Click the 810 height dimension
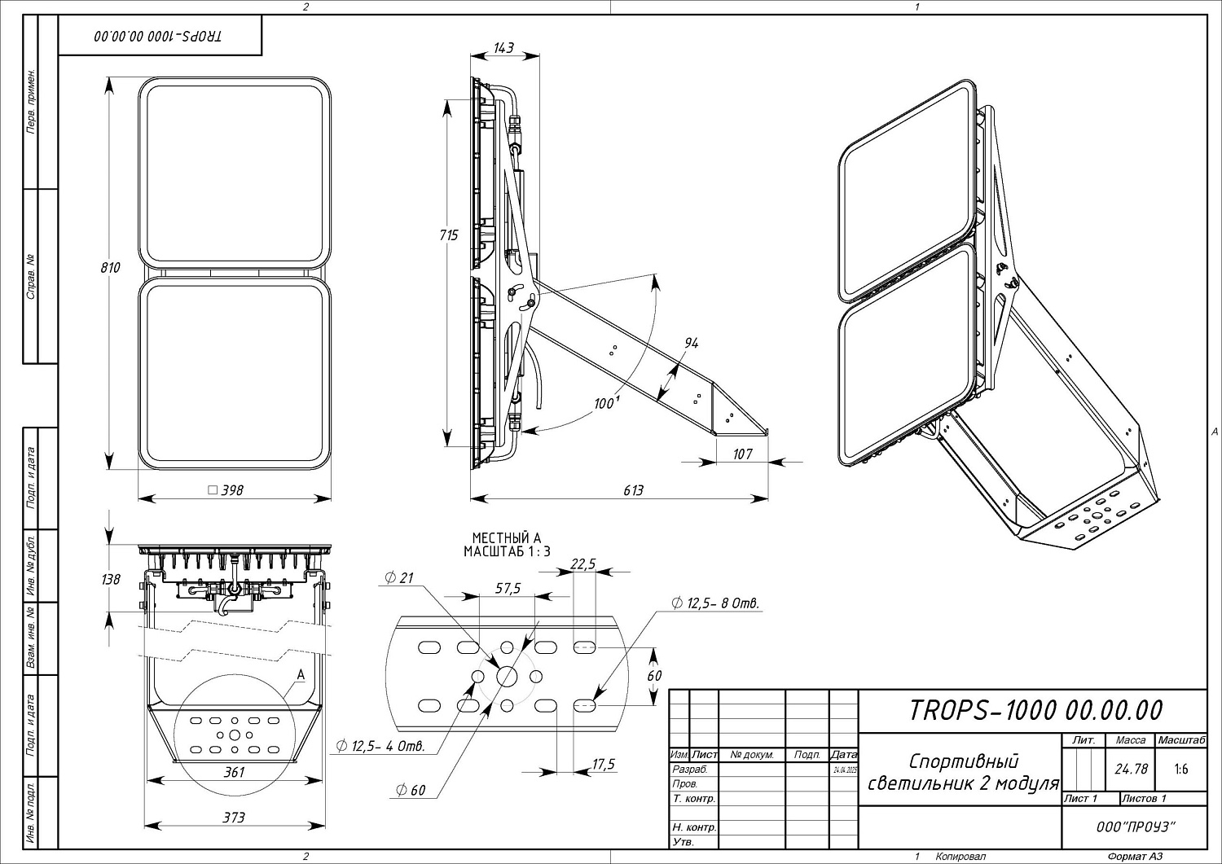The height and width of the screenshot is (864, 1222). pos(111,267)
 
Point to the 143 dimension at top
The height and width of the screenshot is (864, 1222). pos(504,48)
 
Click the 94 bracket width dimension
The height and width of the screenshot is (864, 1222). pos(691,344)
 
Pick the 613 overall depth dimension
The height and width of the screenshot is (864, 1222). pos(633,490)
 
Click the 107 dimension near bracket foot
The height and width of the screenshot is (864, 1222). pos(742,454)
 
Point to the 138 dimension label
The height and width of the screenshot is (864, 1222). pos(111,579)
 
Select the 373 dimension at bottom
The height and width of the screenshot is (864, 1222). pos(234,817)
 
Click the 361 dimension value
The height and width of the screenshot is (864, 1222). pos(234,772)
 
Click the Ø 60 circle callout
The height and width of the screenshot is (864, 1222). pos(411,790)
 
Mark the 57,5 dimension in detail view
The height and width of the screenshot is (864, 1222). pos(508,588)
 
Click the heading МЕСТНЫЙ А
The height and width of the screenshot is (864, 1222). pos(507,537)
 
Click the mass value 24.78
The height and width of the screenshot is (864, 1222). pos(1131,769)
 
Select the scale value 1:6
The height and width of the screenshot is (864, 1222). pos(1180,769)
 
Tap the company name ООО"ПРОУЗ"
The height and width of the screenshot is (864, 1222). pos(1136,827)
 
